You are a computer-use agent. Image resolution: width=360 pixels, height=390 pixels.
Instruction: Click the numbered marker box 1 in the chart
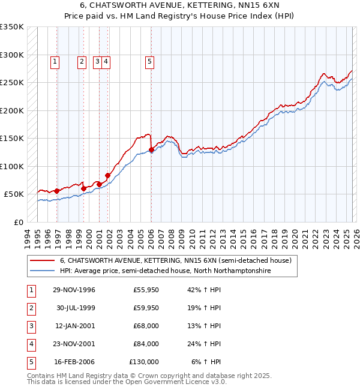(55, 61)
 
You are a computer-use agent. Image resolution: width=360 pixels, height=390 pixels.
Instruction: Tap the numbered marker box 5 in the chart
(149, 61)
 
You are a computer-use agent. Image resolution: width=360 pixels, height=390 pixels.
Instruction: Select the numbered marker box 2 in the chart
(81, 61)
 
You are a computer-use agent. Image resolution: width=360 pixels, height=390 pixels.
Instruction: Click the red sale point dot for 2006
(151, 150)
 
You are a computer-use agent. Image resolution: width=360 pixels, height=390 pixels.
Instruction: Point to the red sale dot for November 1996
(57, 191)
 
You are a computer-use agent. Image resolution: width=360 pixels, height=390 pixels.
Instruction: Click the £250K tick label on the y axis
(12, 83)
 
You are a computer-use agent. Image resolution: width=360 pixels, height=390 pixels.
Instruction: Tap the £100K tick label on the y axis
(12, 166)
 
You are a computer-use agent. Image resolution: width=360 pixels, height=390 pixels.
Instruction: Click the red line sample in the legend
(41, 261)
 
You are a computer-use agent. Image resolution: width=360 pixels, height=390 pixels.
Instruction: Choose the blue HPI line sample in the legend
(41, 271)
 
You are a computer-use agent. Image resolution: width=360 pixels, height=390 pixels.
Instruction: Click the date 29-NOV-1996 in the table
(74, 290)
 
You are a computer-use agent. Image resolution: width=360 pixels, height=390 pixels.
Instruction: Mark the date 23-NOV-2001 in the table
(74, 344)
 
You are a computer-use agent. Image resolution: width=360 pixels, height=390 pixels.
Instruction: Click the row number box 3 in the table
(29, 326)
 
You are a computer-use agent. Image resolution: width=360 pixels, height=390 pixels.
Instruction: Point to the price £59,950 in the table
(146, 308)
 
